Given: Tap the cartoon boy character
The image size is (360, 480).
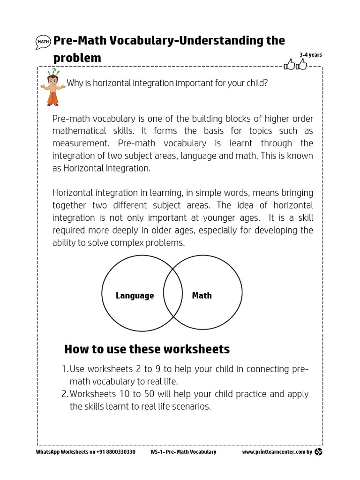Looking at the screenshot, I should pos(54,87).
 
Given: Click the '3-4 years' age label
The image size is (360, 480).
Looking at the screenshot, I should pos(311,55).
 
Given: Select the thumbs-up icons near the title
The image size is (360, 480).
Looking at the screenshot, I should pos(296,65).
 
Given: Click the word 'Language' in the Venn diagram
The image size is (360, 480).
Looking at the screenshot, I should pos(135,296).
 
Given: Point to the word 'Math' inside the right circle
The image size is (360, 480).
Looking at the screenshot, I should pos(202,296).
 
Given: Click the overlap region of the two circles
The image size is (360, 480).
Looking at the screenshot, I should pos(172,294).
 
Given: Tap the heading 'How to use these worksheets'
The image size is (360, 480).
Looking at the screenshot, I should pos(147,349).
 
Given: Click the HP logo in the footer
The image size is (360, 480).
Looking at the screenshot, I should pos(319,451).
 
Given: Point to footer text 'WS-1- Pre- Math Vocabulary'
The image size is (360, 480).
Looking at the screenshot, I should pos(183,452).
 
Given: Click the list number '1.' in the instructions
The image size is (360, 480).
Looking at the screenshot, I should pos(66,369).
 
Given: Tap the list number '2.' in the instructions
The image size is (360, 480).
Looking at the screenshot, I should pos(66,394).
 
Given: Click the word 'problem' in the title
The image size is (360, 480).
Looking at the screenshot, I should pos(77,58).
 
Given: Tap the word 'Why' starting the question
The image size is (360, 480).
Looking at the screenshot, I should pos(74,83).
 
